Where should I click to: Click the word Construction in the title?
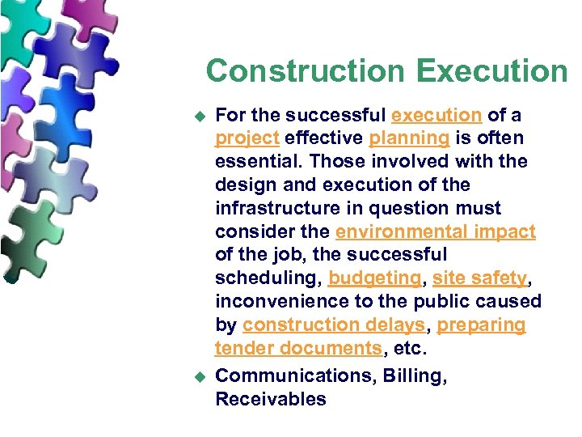[x=306, y=71]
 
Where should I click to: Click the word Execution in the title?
[x=492, y=71]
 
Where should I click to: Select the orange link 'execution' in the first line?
[x=436, y=115]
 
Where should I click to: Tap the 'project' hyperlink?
[x=247, y=138]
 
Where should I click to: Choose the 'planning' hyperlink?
[x=409, y=138]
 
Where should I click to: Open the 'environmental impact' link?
[x=435, y=231]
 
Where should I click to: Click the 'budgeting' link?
[x=375, y=278]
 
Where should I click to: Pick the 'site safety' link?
[x=479, y=278]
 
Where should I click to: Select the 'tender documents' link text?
[x=297, y=349]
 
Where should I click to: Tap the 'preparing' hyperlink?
[x=483, y=325]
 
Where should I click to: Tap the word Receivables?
[x=270, y=399]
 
